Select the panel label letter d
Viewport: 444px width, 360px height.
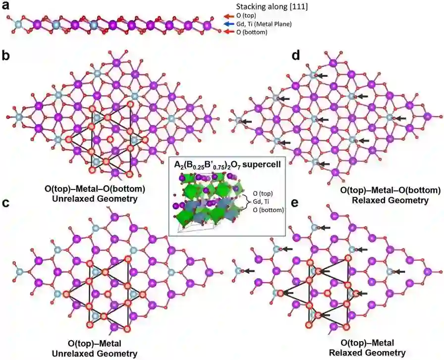(296, 55)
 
